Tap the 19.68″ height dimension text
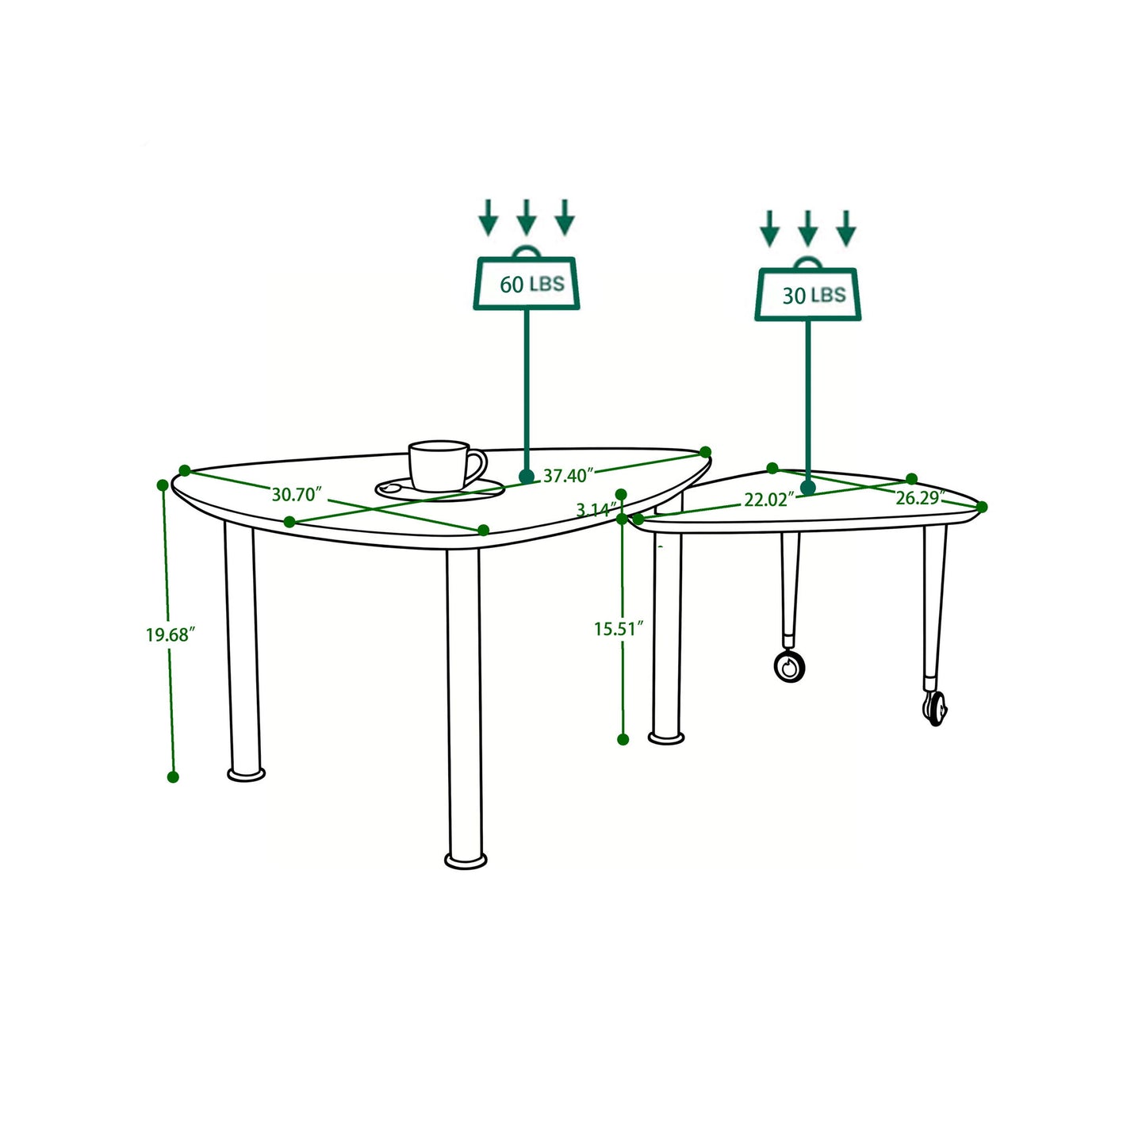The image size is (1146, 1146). click(170, 634)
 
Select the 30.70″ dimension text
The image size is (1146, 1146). click(296, 495)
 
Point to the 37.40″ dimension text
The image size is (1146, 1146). click(569, 476)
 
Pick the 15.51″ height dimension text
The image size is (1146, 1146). click(618, 629)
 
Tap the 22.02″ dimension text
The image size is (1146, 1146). click(768, 500)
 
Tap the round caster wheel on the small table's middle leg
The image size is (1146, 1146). click(790, 666)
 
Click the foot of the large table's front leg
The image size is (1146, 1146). click(466, 860)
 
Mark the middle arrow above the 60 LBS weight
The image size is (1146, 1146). click(527, 217)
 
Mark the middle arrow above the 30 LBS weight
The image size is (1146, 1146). click(807, 228)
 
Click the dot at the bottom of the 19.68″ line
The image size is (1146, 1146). click(173, 777)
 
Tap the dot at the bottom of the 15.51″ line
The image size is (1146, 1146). click(623, 739)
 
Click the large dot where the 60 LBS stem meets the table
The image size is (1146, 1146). click(527, 477)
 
